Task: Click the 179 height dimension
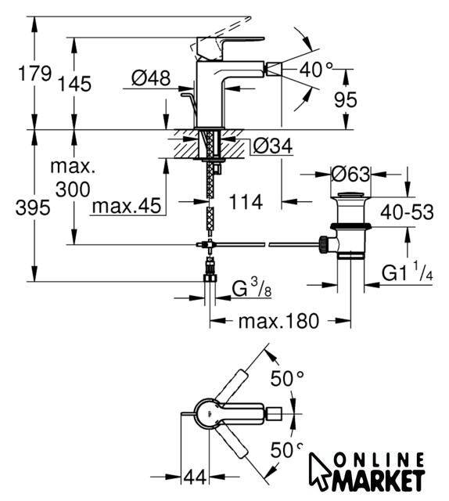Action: [x=34, y=74]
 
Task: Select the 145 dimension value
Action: [x=74, y=84]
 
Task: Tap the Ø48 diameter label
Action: [x=151, y=78]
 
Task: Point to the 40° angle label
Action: [x=316, y=69]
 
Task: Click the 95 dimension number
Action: [x=346, y=99]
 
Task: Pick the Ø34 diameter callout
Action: [x=273, y=146]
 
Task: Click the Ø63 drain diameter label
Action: [x=350, y=175]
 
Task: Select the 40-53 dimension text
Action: [x=407, y=212]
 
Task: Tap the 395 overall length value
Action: [x=33, y=208]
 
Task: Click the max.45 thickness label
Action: [x=127, y=206]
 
